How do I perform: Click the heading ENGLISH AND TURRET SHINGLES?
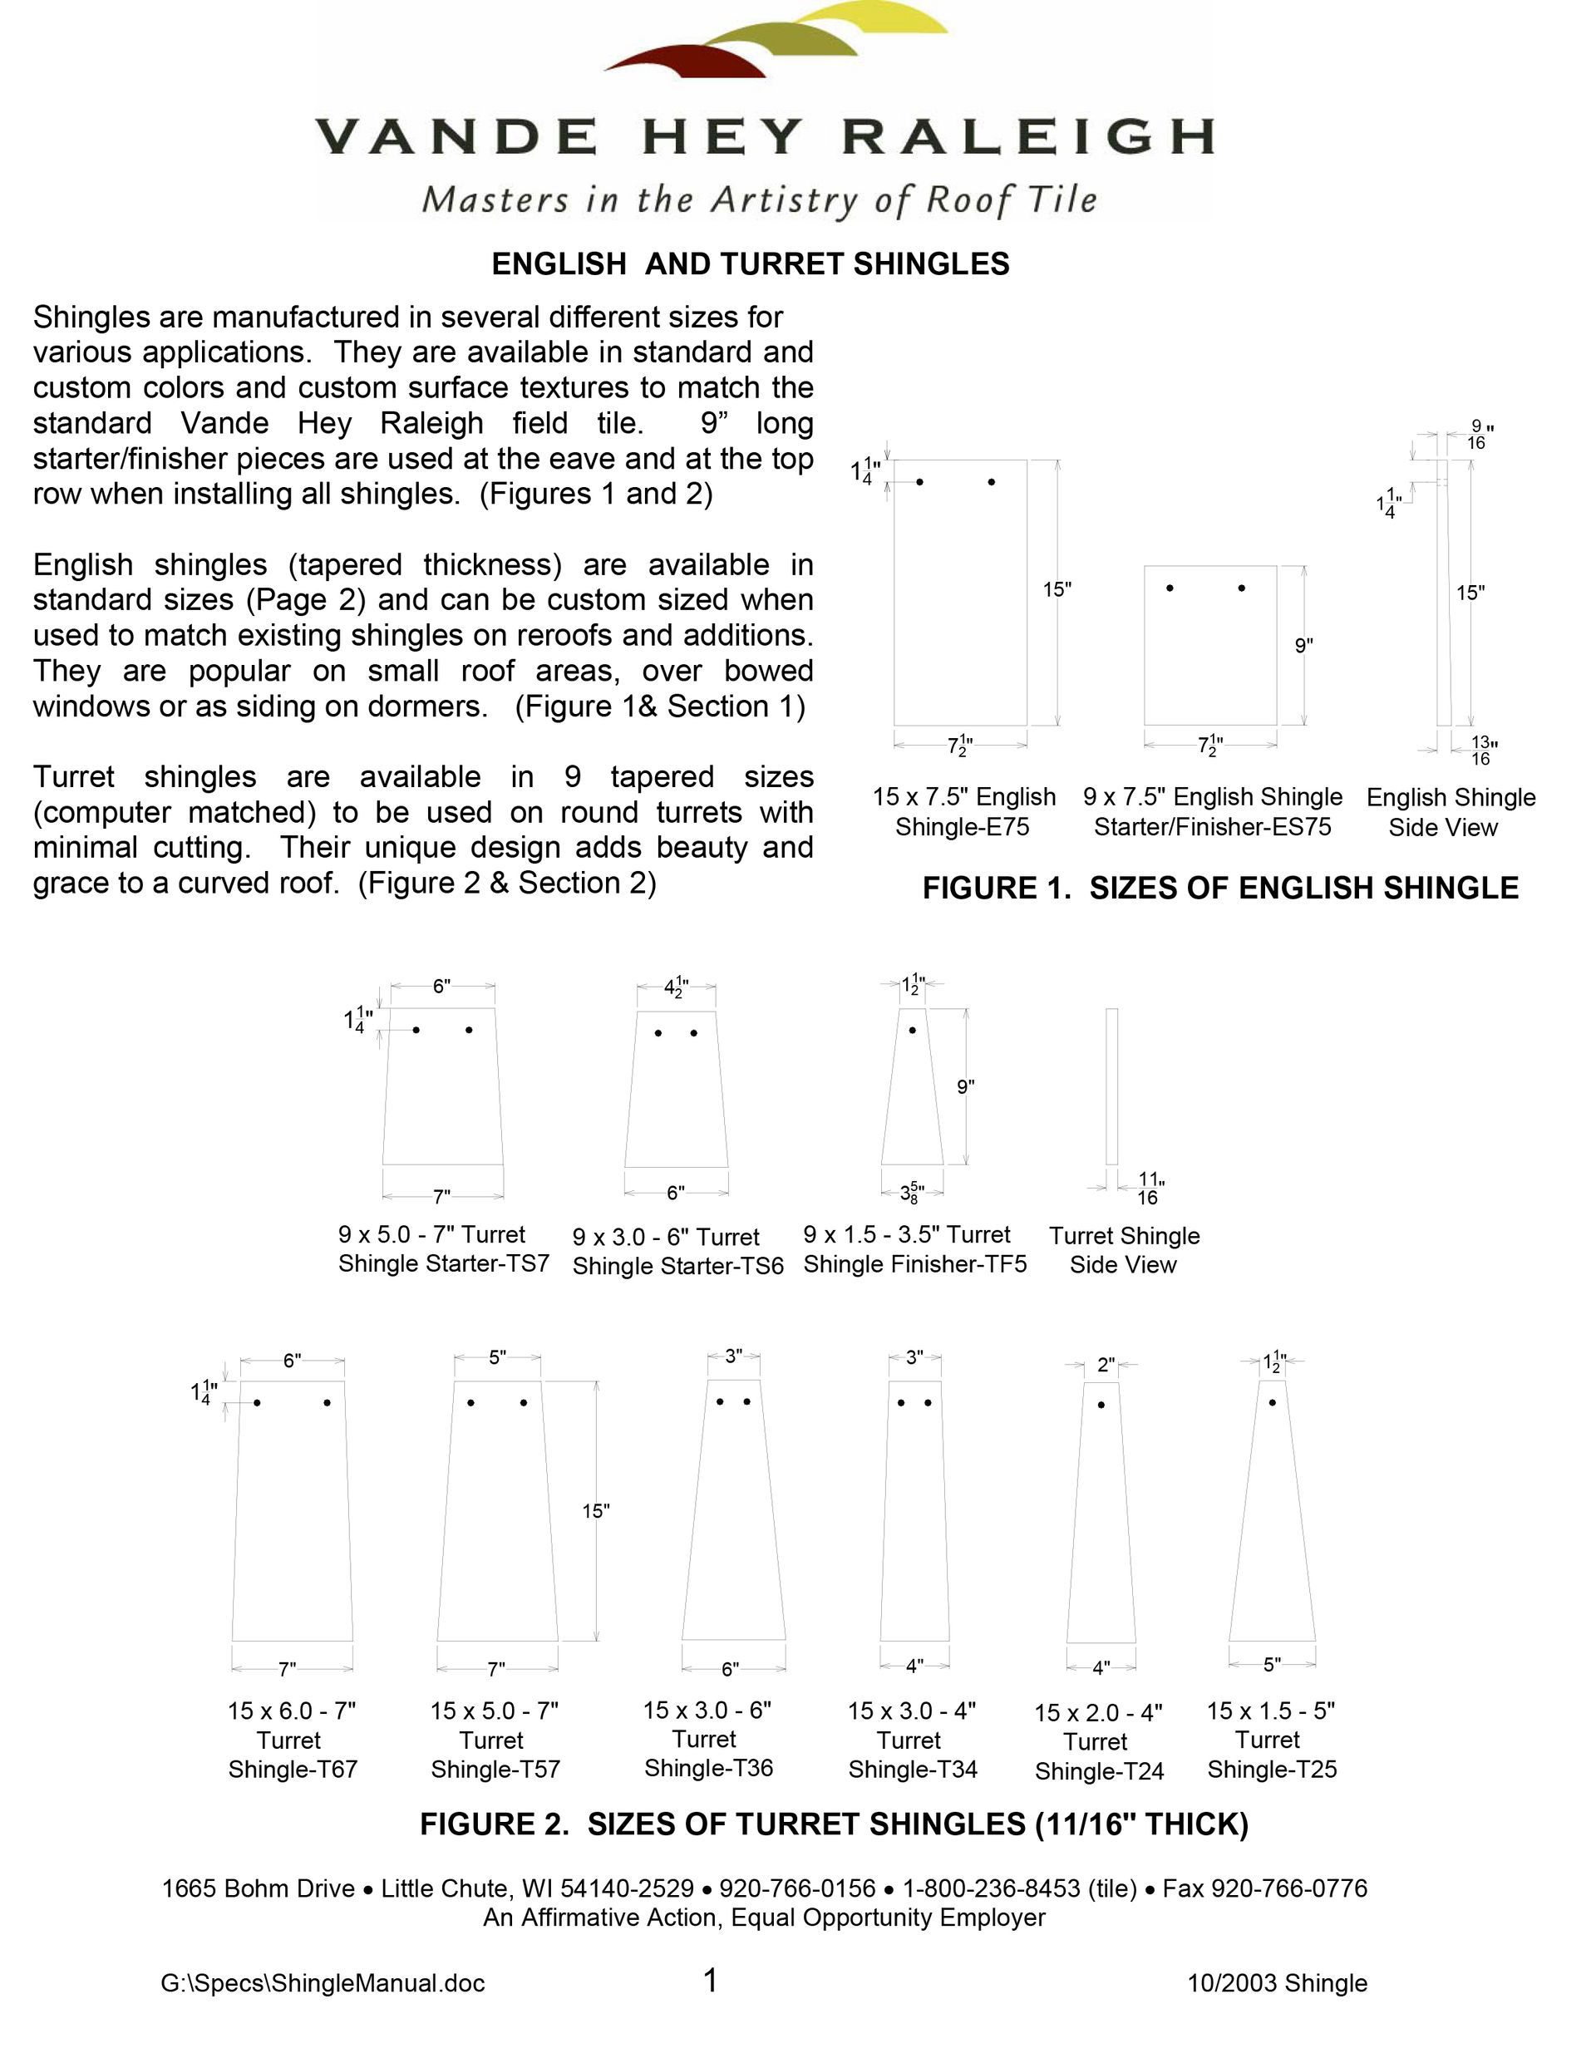point(750,264)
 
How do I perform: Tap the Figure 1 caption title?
point(1220,887)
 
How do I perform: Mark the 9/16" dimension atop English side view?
point(1477,434)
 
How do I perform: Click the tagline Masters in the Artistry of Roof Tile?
point(760,199)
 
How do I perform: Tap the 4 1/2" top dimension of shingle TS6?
point(675,987)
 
